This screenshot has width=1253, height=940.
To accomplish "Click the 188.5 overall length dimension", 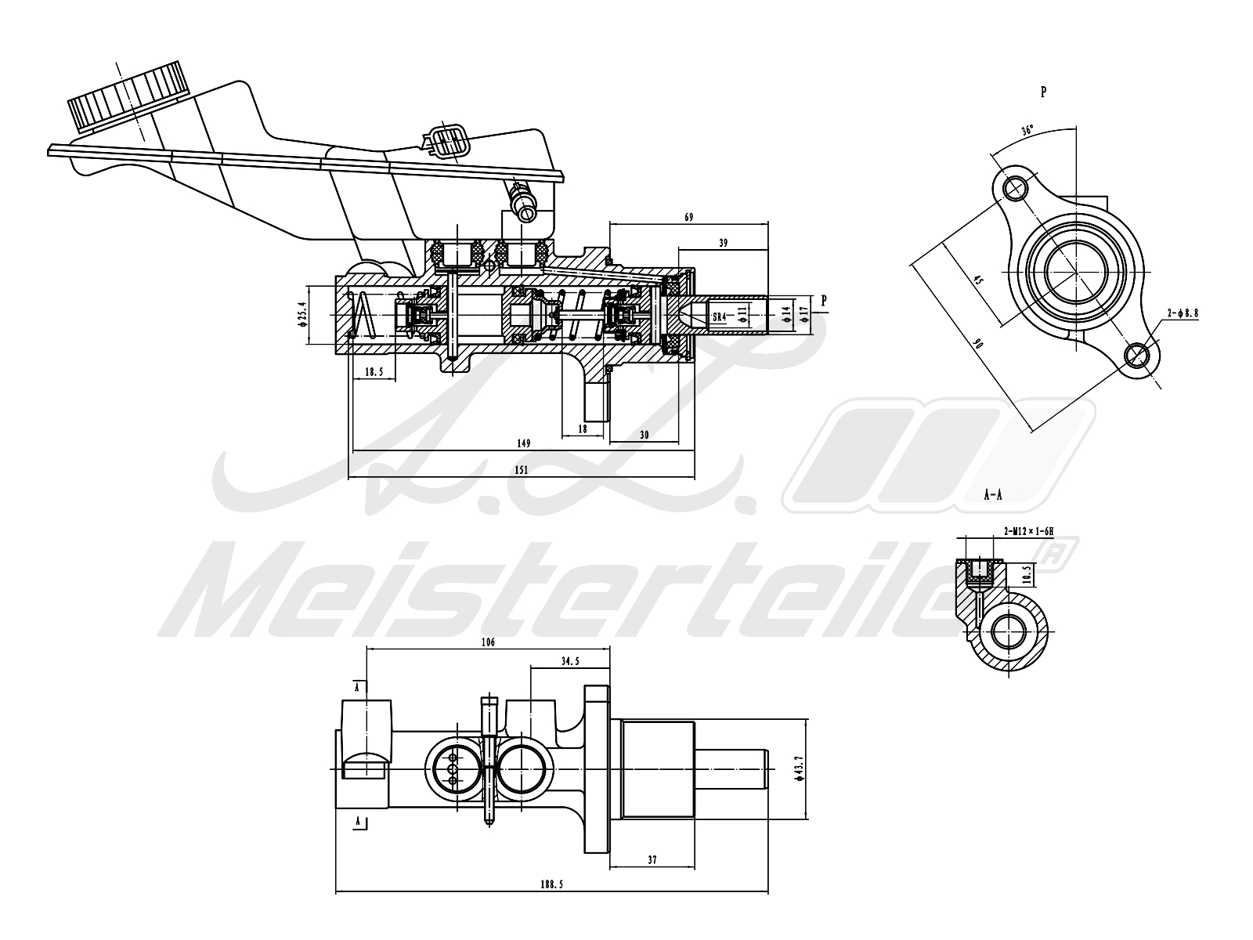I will tap(551, 884).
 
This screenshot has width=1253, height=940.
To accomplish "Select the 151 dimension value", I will tap(522, 470).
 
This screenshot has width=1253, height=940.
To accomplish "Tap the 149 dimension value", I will tap(524, 443).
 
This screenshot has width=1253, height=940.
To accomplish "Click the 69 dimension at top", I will tap(689, 217).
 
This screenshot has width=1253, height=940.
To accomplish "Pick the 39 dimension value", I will tap(723, 244).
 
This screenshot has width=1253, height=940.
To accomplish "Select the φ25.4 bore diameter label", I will tap(301, 315).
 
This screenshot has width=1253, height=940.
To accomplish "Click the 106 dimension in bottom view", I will tap(488, 642).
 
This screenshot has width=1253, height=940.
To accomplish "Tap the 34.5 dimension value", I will tap(570, 661).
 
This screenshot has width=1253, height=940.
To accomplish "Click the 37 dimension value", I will tap(652, 860).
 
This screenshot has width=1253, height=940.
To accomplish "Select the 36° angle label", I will tap(1027, 130).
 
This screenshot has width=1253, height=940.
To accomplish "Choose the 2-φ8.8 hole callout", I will tap(1183, 313).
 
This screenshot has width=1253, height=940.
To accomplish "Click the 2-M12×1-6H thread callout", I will tap(1028, 531).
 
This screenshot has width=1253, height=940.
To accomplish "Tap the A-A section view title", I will tap(994, 495).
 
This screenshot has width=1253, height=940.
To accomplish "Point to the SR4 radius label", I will tap(719, 316).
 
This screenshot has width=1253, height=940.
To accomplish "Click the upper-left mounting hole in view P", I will tap(1016, 188).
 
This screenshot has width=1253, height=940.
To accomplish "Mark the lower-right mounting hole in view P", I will tap(1136, 356).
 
